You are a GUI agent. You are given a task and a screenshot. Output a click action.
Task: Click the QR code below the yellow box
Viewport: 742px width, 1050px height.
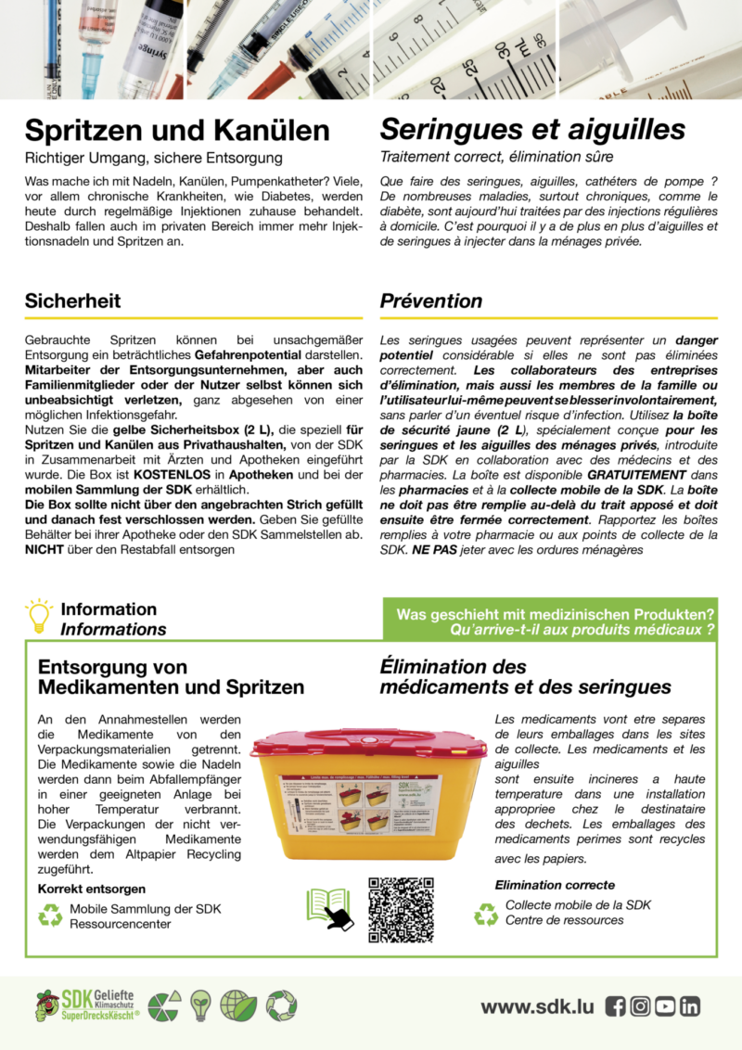point(401,910)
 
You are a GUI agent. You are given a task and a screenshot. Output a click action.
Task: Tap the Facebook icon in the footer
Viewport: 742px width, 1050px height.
point(615,1006)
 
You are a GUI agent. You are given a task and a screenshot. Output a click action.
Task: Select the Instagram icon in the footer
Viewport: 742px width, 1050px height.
point(640,1006)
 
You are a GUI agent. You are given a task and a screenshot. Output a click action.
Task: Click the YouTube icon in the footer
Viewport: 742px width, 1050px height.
point(665,1006)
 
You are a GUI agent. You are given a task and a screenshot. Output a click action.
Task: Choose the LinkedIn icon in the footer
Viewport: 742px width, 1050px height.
point(690,1006)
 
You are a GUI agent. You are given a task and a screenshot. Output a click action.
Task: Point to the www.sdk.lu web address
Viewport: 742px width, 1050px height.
point(537,1006)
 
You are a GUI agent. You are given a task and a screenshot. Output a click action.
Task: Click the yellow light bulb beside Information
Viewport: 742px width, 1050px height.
point(40,615)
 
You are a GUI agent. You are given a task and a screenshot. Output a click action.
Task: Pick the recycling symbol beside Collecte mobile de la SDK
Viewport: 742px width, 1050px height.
point(486,914)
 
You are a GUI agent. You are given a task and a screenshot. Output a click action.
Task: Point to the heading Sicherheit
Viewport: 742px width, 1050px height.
point(72,301)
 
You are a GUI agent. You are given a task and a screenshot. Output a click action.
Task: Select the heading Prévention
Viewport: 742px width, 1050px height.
point(431,301)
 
